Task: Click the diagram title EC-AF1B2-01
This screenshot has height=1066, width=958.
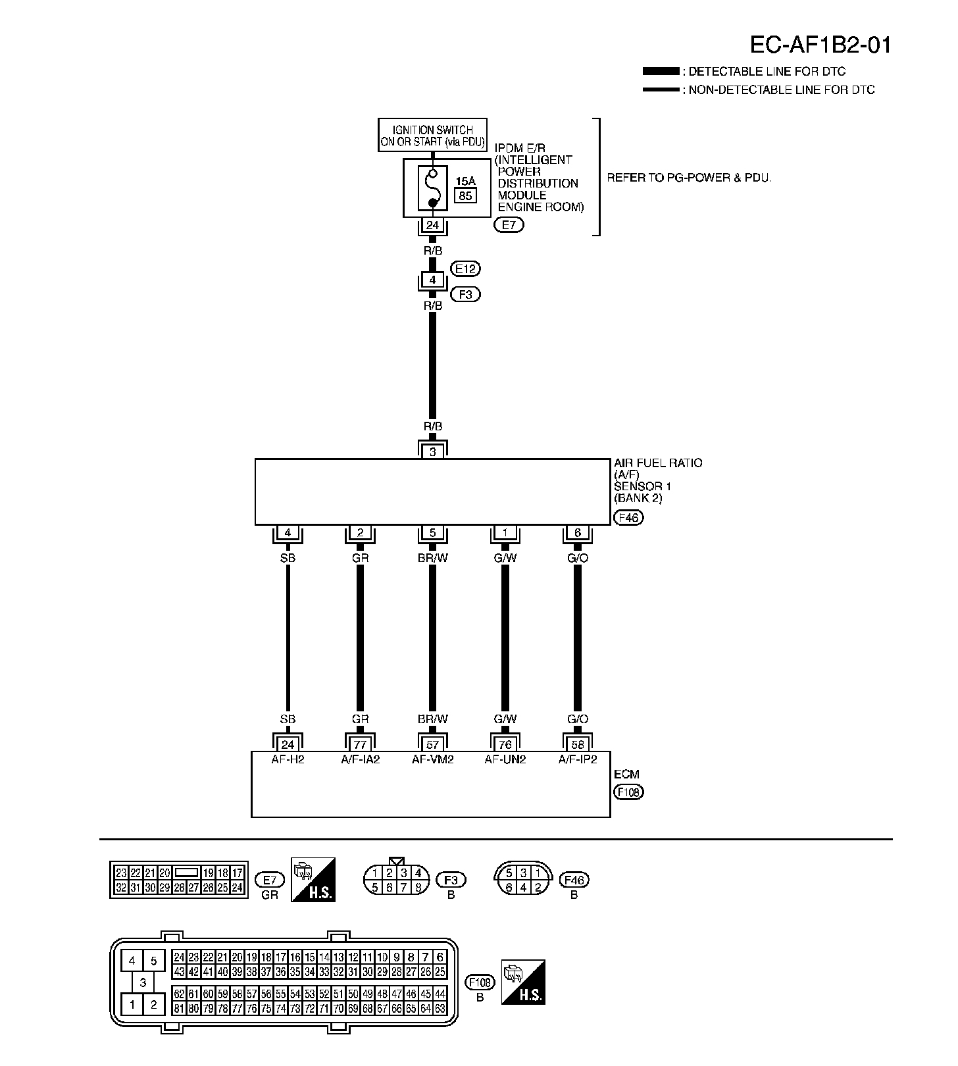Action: (x=820, y=45)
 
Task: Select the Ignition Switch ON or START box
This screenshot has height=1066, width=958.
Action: (x=432, y=136)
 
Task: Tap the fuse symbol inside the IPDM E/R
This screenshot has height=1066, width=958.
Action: (x=432, y=188)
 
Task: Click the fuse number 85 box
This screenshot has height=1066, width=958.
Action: (x=465, y=195)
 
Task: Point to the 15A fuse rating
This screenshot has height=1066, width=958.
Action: (x=465, y=180)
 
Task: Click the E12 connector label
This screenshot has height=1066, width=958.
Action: (x=466, y=268)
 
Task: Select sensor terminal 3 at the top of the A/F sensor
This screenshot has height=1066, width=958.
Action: (x=432, y=452)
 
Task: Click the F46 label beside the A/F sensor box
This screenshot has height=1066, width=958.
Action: (x=628, y=518)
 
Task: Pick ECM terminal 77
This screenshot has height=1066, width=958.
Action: (x=360, y=745)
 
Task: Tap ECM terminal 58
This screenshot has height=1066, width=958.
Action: (x=577, y=745)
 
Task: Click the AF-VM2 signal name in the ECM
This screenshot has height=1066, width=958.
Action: (x=432, y=759)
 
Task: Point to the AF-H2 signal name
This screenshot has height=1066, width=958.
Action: (x=288, y=759)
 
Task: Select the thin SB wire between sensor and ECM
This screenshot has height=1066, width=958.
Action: (x=288, y=638)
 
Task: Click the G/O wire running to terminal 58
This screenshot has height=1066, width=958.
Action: (x=577, y=638)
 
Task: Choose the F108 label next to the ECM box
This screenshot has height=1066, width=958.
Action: (x=628, y=792)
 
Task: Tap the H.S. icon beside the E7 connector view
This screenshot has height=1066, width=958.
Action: (x=313, y=879)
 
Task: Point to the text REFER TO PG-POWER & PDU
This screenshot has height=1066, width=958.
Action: (x=688, y=178)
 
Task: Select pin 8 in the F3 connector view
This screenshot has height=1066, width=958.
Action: (x=418, y=888)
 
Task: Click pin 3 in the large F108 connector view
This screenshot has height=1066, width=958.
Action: (x=143, y=983)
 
